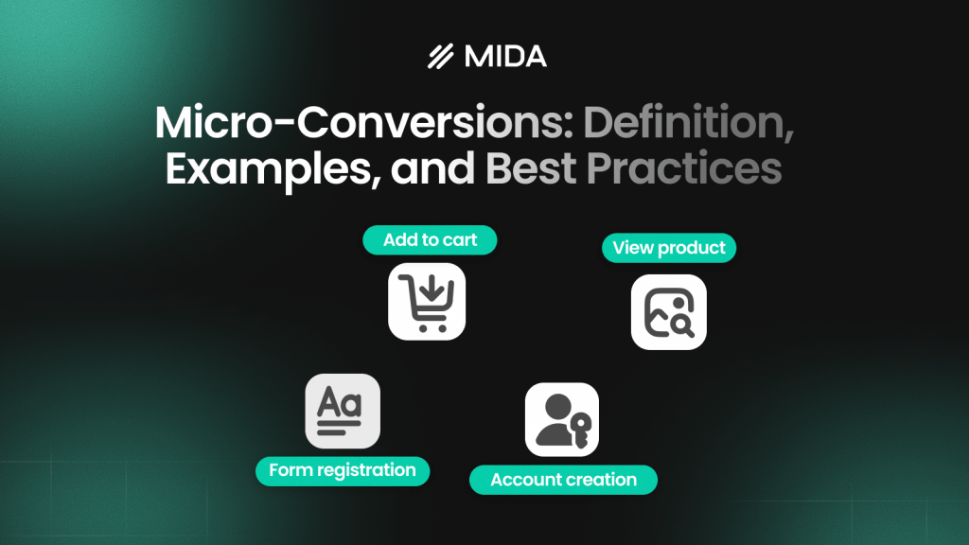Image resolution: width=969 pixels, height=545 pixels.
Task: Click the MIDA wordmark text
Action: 505,57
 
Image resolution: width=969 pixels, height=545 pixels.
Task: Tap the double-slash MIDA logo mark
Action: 441,58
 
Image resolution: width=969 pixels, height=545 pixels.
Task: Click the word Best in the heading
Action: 532,167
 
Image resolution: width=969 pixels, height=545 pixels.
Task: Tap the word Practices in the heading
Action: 684,167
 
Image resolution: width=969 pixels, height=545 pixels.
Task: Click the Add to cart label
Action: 430,240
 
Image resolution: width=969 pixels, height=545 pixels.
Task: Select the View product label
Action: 668,248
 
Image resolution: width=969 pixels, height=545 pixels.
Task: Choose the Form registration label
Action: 342,470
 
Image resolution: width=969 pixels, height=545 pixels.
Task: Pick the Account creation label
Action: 563,480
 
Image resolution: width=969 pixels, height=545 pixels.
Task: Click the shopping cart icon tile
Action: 427,301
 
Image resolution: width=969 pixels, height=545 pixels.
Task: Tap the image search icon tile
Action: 668,311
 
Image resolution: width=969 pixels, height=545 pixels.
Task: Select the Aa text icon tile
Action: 342,411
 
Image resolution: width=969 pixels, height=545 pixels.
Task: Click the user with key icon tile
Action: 562,419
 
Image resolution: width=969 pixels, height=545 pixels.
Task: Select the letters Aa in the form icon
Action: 339,404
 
